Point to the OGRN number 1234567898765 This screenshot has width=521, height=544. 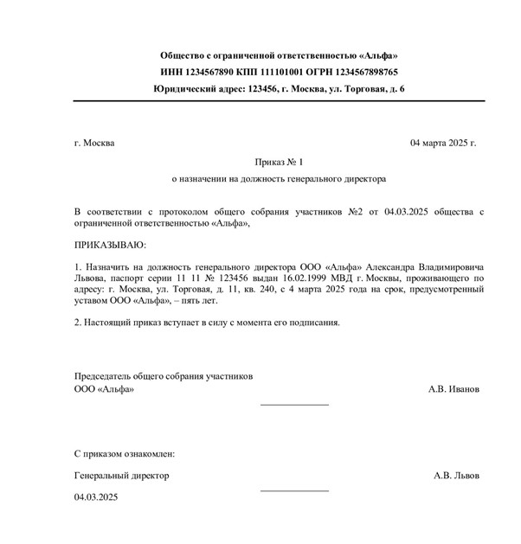pyautogui.click(x=367, y=73)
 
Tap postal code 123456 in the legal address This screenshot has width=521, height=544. pyautogui.click(x=263, y=89)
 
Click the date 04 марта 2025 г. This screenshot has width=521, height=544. pyautogui.click(x=442, y=143)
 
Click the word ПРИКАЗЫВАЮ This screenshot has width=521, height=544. pyautogui.click(x=111, y=246)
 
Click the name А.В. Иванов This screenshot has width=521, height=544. pyautogui.click(x=453, y=389)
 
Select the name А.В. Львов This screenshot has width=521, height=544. pyautogui.click(x=456, y=475)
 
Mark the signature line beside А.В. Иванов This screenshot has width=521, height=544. pyautogui.click(x=294, y=404)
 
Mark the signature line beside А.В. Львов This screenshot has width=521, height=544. pyautogui.click(x=294, y=490)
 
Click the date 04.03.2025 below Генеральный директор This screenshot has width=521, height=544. pyautogui.click(x=96, y=497)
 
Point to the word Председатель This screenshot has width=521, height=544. pyautogui.click(x=105, y=376)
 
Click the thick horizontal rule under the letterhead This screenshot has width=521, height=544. pyautogui.click(x=278, y=101)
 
